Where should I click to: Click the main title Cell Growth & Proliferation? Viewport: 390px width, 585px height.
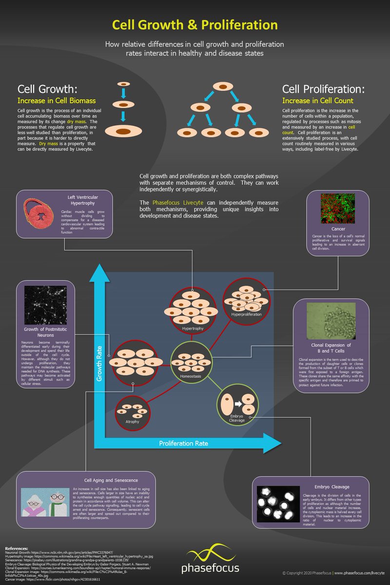(195, 25)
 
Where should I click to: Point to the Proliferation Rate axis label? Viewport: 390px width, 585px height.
(183, 443)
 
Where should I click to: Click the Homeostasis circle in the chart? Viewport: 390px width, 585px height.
(192, 363)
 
